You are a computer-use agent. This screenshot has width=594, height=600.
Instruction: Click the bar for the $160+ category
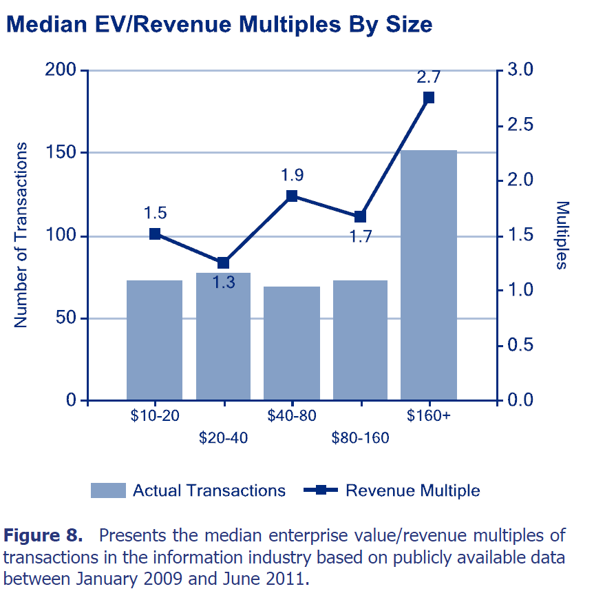[x=429, y=276]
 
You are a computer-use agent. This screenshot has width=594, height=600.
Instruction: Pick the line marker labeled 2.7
[x=429, y=97]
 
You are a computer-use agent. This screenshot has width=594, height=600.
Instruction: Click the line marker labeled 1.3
[x=223, y=262]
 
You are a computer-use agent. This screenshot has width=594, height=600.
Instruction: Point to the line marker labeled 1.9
[x=292, y=196]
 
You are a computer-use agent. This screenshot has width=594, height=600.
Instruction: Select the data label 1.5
[x=155, y=212]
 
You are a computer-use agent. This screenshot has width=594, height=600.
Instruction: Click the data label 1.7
[x=360, y=238]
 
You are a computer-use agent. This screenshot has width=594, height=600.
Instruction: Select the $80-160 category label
[x=360, y=438]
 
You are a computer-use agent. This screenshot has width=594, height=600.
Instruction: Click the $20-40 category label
[x=223, y=438]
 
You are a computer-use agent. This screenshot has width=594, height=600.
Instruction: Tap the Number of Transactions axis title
[x=21, y=235]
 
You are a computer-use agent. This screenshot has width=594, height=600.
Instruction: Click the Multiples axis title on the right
[x=562, y=235]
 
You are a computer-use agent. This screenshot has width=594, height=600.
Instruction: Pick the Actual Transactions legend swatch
[x=108, y=490]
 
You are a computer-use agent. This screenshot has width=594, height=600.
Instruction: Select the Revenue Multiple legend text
[x=412, y=490]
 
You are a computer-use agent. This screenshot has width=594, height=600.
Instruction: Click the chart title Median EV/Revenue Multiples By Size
[x=219, y=25]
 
